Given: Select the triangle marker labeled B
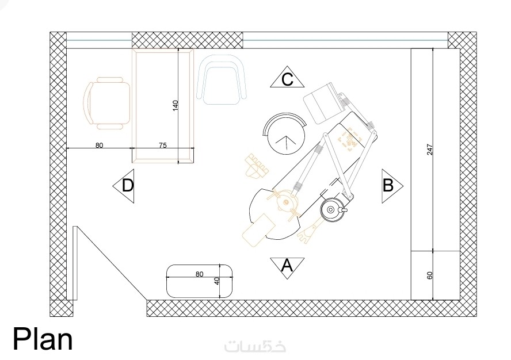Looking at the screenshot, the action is pyautogui.click(x=392, y=186).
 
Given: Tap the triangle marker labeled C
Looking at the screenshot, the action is pyautogui.click(x=287, y=77).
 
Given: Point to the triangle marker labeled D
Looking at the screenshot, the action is pyautogui.click(x=124, y=186).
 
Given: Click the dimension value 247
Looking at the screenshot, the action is pyautogui.click(x=429, y=150).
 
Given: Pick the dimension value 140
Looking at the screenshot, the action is pyautogui.click(x=176, y=106).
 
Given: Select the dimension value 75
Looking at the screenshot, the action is pyautogui.click(x=163, y=145).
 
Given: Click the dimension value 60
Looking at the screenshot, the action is pyautogui.click(x=429, y=275).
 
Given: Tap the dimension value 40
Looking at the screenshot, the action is pyautogui.click(x=218, y=281).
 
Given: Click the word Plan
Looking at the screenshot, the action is pyautogui.click(x=43, y=339).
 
